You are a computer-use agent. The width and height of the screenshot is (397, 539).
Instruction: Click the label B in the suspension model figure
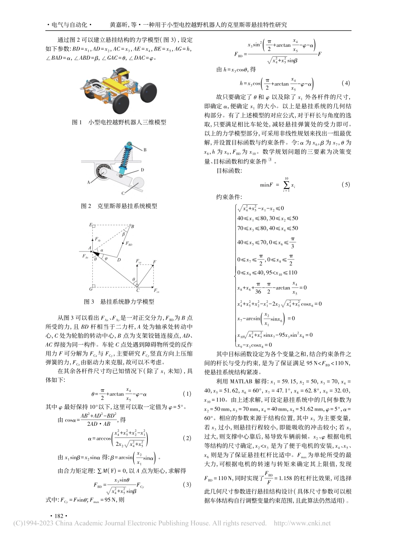145,150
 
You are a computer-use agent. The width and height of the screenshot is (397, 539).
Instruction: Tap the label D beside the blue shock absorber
142,170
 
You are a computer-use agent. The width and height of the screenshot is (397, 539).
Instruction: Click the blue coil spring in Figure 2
125,160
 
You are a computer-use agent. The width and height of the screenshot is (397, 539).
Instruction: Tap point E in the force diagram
91,225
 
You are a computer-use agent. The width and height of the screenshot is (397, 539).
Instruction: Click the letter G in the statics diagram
90,289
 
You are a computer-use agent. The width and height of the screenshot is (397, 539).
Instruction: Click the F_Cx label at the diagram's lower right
156,290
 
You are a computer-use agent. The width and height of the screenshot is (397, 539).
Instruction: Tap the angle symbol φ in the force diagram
106,258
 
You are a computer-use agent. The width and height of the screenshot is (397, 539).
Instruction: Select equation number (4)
345,83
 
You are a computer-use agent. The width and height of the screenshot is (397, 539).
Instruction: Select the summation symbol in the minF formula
286,184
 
